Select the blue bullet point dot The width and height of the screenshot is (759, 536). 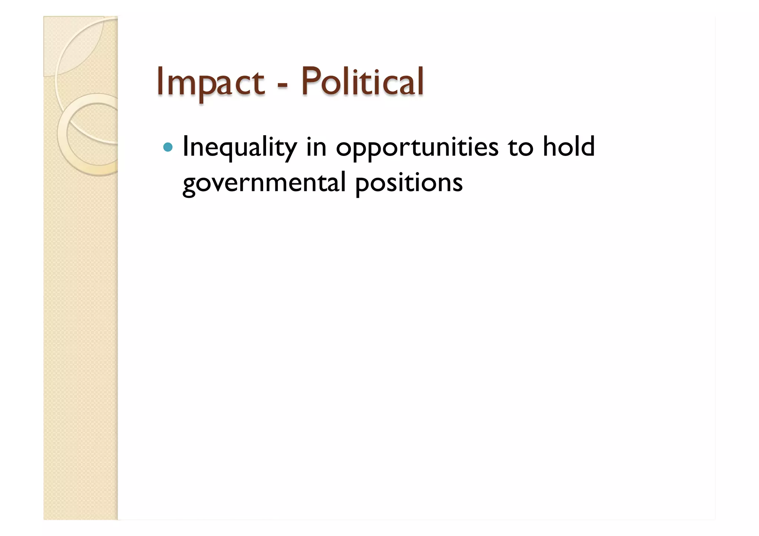coord(168,147)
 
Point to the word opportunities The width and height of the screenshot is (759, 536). coord(417,147)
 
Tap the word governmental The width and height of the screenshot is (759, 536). coord(264,183)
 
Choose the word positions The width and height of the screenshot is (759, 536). coord(409,183)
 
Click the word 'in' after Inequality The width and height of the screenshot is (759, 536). coord(316,147)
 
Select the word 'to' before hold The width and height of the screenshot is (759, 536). coord(520,147)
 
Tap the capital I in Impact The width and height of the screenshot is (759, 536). coord(160,81)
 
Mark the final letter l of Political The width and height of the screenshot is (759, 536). coord(421,81)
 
